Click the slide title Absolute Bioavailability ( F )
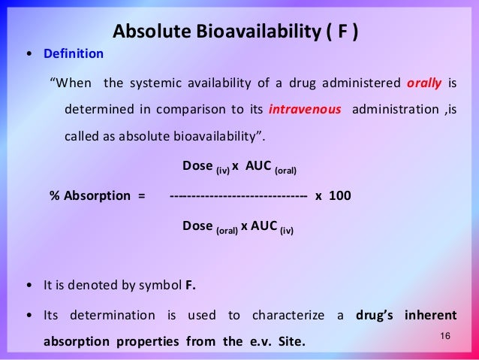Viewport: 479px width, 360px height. pos(235,32)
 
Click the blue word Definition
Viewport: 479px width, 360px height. pos(74,54)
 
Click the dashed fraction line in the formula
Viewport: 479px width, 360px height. pos(239,195)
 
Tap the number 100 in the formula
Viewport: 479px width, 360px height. pos(339,195)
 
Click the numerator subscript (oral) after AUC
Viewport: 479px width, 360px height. pos(285,171)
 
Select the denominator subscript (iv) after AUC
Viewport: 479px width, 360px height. pos(287,231)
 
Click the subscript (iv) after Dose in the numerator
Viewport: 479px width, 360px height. pos(222,171)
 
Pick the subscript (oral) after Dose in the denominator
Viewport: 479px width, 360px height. pos(227,231)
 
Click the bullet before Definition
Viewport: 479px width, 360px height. pos(29,55)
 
